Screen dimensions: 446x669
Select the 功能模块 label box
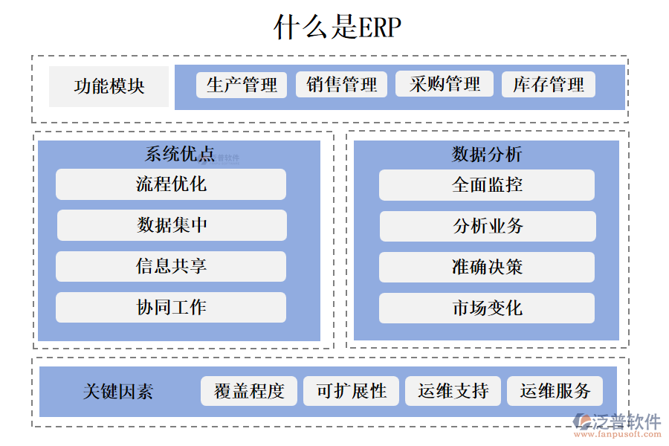coord(109,86)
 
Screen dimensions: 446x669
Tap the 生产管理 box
coord(242,85)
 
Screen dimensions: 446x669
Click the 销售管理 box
coord(342,85)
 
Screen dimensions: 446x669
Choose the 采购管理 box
coord(445,84)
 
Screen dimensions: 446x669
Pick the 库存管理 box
coord(549,85)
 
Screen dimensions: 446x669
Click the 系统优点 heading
coord(179,155)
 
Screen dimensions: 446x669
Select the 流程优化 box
coord(171,184)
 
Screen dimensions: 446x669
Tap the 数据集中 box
coord(172,225)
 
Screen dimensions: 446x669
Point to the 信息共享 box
coord(171,266)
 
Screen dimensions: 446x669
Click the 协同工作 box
coord(171,307)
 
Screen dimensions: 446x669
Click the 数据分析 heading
coord(487,155)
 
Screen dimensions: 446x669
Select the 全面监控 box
coord(487,185)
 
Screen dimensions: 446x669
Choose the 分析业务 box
coord(488,227)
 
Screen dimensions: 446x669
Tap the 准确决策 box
coord(487,268)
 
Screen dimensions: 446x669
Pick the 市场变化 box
coord(487,308)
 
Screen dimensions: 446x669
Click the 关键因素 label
coord(118,392)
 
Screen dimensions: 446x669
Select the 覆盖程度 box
coord(249,391)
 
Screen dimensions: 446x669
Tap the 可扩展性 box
coord(351,391)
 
